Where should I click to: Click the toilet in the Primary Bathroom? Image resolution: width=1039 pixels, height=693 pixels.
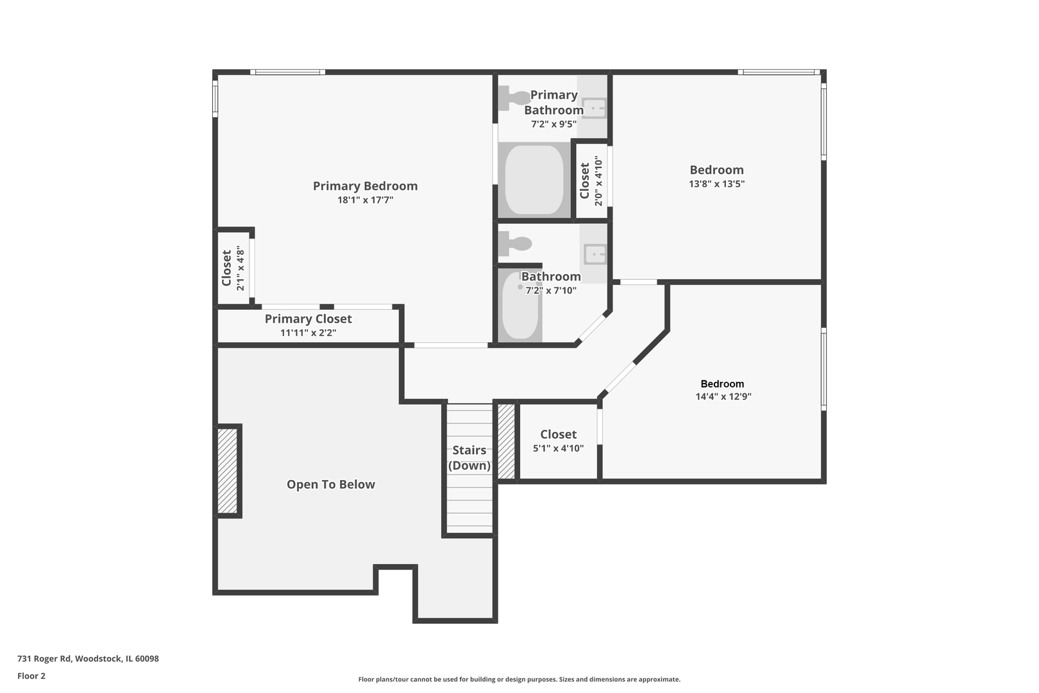coord(514,98)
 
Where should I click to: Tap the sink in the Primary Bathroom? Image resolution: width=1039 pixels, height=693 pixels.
coord(594,108)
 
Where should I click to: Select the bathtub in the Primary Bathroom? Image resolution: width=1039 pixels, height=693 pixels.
coord(534,180)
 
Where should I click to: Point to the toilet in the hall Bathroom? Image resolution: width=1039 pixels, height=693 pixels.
coord(515,244)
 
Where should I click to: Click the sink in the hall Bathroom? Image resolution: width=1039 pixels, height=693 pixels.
coord(595,254)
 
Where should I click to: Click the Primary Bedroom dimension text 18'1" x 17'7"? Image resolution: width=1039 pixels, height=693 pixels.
coord(365,200)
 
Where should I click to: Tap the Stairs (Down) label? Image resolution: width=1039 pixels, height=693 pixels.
coord(469,458)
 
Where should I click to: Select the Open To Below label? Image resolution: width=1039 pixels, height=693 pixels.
coord(331,484)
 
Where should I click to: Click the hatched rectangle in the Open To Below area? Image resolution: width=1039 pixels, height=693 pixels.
coord(227,471)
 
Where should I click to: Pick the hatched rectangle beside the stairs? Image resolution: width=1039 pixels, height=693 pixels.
coord(506,441)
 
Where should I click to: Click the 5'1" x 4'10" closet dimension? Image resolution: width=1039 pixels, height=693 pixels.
coord(558,449)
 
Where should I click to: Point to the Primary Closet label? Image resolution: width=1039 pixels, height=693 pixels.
coord(308,319)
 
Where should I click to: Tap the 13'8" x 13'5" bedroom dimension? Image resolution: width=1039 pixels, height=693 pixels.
coord(716,184)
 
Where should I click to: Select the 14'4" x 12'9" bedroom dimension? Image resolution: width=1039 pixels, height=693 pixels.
coord(723,397)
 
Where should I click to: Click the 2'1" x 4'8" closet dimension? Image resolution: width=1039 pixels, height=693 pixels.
coord(240,268)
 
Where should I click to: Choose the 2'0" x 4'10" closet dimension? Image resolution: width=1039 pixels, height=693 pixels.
coord(598,180)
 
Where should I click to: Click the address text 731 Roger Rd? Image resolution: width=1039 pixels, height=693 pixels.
coord(44,658)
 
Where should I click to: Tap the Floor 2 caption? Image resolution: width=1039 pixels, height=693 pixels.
coord(31,676)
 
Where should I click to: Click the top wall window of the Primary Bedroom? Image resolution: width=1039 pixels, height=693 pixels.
coord(287,72)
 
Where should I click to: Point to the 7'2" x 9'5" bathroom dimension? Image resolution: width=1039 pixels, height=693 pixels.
coord(554,124)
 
